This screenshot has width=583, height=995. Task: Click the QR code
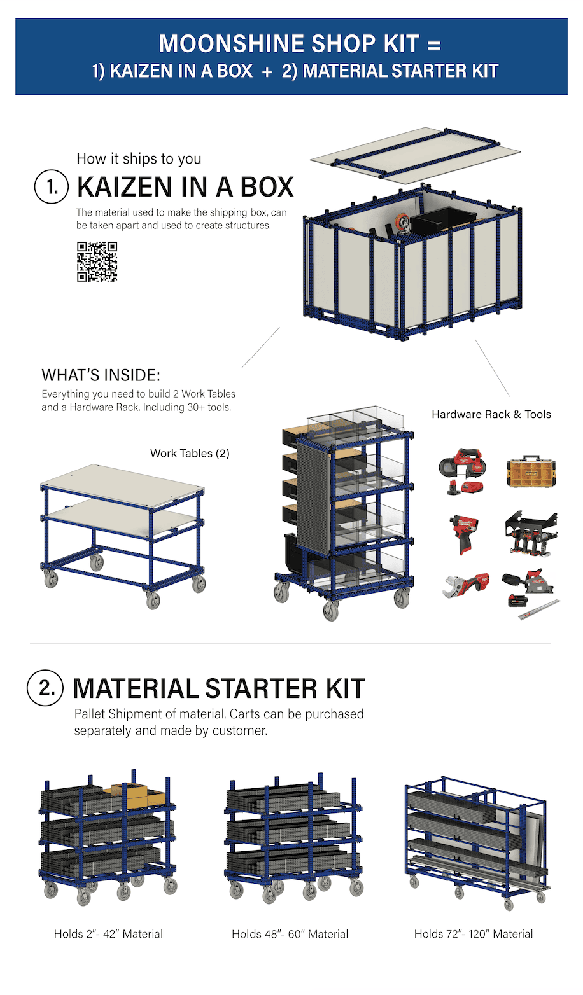point(97,261)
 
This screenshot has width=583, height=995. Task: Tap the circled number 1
point(51,187)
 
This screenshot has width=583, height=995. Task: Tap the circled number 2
point(45,688)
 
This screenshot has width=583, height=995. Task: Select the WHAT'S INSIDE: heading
point(101,375)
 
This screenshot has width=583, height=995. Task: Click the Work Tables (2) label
point(190,454)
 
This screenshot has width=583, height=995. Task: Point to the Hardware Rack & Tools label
point(491,414)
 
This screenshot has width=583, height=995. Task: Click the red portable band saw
point(461,471)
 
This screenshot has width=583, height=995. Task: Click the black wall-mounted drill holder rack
point(531,532)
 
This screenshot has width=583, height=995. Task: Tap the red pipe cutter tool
point(465,584)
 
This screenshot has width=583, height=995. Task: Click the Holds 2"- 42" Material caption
point(108,934)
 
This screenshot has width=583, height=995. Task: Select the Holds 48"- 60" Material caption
point(290,934)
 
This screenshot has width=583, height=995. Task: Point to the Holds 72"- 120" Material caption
point(474,934)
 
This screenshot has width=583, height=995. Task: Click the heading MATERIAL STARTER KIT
point(218,688)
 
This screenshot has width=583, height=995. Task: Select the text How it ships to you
point(139,158)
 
